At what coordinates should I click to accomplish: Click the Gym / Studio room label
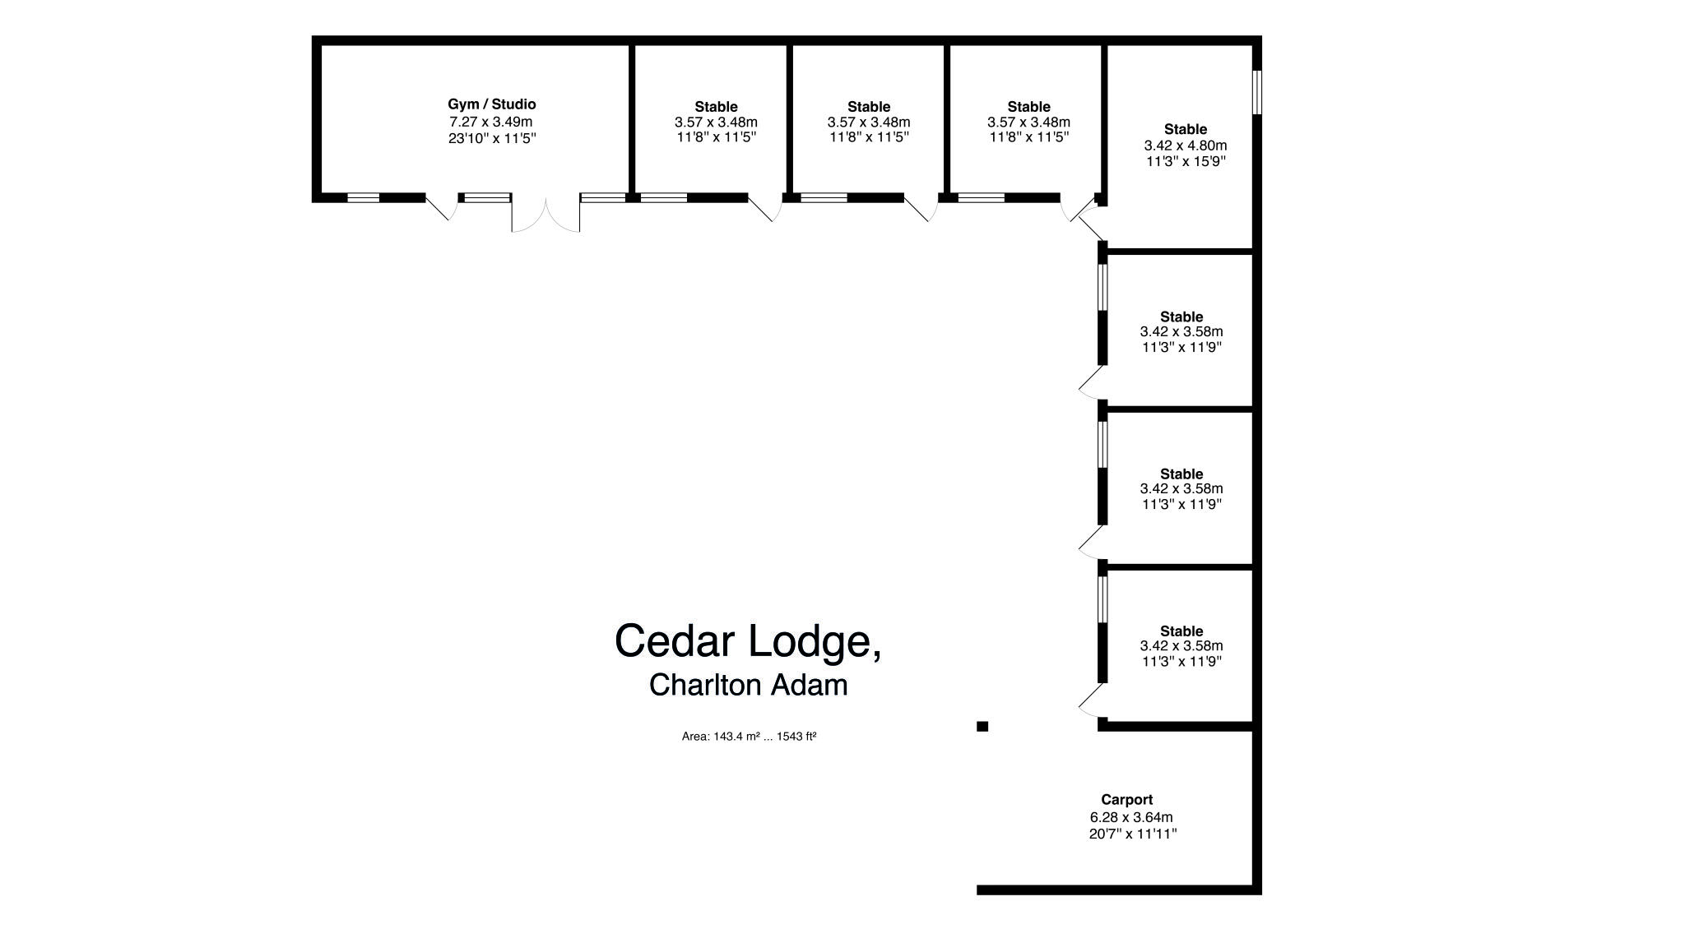tap(491, 104)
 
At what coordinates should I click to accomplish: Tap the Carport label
tap(1126, 799)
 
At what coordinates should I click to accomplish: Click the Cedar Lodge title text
tap(747, 640)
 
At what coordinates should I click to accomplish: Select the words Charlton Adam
tap(748, 685)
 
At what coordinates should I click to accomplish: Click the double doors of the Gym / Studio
tap(545, 215)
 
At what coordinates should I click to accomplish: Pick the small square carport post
tap(982, 726)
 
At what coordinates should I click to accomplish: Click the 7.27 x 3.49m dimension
tap(490, 122)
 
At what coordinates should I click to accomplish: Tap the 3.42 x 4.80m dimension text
tap(1185, 146)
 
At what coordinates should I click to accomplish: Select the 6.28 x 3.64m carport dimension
tap(1131, 817)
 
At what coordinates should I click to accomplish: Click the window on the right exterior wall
tap(1256, 92)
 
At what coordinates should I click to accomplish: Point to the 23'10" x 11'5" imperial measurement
tap(491, 138)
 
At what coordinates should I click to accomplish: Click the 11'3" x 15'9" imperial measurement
tap(1186, 161)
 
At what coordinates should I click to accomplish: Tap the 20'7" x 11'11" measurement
tap(1132, 834)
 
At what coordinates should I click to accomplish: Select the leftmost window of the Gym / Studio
tap(363, 197)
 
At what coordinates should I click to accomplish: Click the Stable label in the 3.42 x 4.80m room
tap(1185, 129)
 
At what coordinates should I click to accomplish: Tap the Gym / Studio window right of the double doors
tap(602, 197)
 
